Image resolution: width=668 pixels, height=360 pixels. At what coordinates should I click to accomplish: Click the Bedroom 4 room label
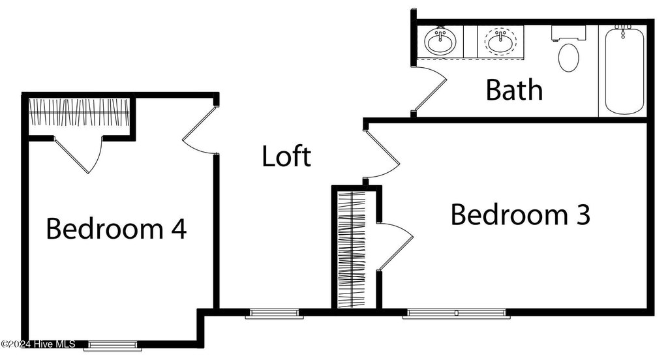(117, 229)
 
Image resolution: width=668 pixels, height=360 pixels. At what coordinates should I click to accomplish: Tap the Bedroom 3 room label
(521, 215)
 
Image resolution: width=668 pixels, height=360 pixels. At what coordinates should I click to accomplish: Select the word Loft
(286, 157)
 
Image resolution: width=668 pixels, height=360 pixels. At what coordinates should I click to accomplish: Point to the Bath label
(514, 90)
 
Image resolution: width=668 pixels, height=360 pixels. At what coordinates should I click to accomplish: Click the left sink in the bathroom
(440, 42)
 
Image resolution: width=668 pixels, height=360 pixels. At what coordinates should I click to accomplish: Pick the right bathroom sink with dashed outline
(500, 42)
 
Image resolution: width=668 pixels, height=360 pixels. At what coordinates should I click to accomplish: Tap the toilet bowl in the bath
(569, 57)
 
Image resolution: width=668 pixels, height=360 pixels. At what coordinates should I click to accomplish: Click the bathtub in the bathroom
(624, 70)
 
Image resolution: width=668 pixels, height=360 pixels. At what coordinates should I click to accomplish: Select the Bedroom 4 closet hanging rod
(79, 112)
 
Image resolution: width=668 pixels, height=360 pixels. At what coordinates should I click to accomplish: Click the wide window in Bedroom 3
(456, 314)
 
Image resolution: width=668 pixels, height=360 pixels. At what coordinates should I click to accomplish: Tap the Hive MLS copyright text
(38, 344)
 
